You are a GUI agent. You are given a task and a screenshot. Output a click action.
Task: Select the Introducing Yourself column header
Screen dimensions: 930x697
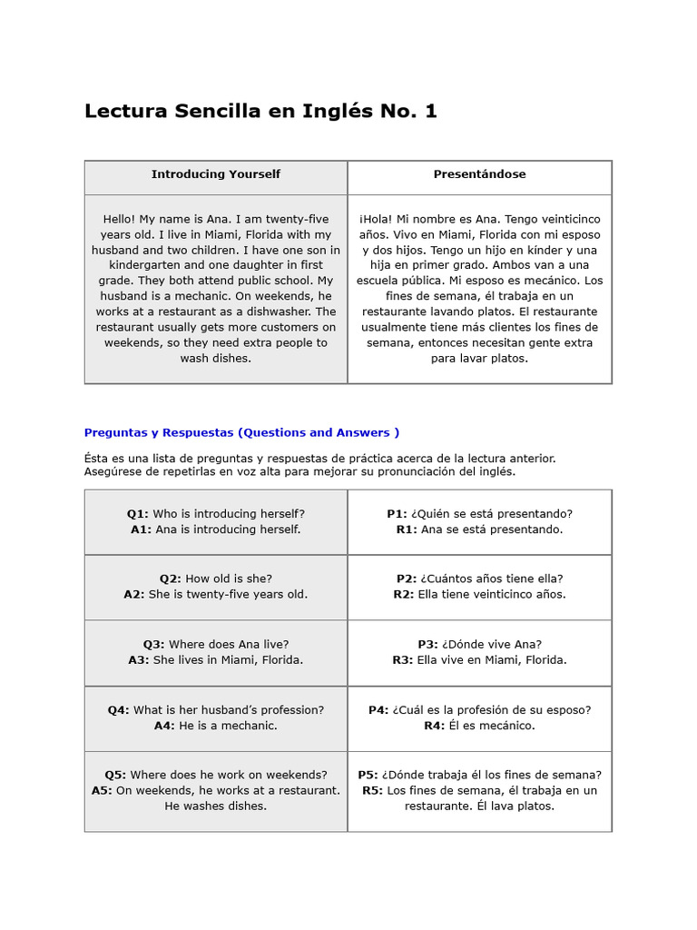click(x=216, y=174)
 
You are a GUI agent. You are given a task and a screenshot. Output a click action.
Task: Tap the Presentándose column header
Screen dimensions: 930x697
click(x=479, y=174)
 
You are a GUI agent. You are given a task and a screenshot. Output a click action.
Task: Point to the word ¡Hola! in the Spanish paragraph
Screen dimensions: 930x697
click(x=376, y=220)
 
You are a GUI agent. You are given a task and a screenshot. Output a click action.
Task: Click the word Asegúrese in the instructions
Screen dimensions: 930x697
click(x=113, y=472)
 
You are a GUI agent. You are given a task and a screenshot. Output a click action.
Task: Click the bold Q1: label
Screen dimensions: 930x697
click(x=138, y=514)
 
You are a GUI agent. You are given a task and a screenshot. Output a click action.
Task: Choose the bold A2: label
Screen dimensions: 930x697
click(x=134, y=595)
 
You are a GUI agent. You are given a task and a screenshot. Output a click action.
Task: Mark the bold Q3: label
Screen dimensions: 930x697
click(x=153, y=645)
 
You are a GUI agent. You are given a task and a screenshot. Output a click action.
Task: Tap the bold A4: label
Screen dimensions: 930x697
click(x=164, y=726)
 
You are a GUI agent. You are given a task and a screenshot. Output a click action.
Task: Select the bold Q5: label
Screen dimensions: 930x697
click(x=115, y=776)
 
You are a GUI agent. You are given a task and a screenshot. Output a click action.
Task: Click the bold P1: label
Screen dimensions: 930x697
click(x=397, y=514)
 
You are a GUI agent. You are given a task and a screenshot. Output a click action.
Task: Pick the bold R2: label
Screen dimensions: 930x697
click(x=403, y=595)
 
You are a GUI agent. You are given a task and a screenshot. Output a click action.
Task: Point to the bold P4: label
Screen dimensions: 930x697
click(x=378, y=710)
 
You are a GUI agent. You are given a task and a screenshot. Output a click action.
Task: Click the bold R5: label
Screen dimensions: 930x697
click(x=372, y=791)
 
